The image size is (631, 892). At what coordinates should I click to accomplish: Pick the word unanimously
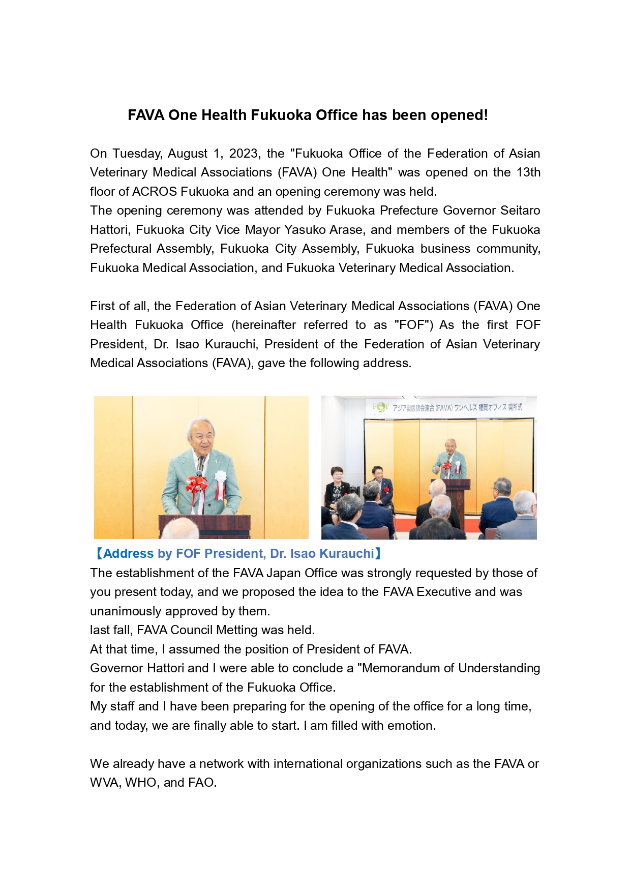[x=121, y=611]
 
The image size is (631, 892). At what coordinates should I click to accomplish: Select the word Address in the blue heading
[x=129, y=554]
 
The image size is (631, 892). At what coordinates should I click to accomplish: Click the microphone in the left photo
[x=201, y=463]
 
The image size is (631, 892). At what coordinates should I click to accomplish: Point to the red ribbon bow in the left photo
[x=196, y=484]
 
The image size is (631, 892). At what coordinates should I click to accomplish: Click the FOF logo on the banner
[x=380, y=407]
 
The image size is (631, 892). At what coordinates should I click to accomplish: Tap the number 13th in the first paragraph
[x=528, y=172]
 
